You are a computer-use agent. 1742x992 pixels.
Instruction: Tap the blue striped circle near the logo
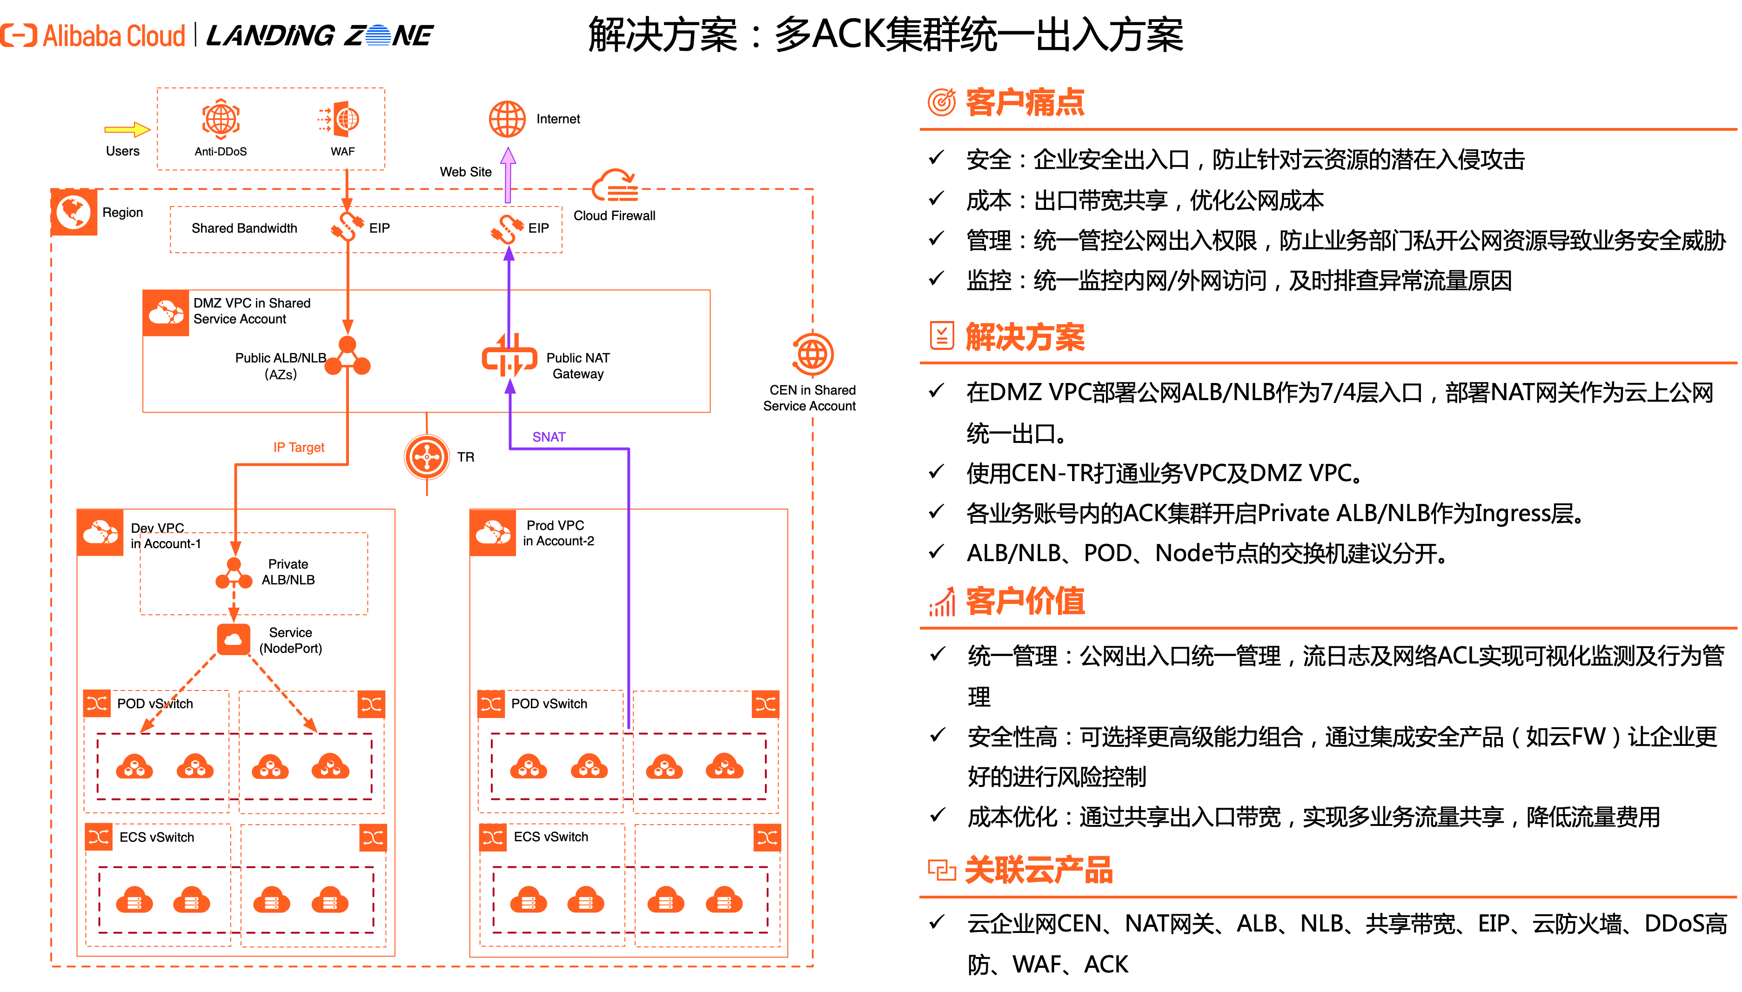(x=378, y=35)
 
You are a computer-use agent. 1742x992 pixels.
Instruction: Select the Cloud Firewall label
(x=615, y=216)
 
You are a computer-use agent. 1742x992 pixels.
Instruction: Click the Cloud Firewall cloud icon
(x=615, y=182)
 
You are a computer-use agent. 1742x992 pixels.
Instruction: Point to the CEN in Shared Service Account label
(x=812, y=398)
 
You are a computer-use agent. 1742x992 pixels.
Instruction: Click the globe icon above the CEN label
(x=813, y=354)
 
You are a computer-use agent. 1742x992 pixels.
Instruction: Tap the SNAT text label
(x=549, y=437)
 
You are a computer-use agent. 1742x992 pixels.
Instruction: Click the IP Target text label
(x=299, y=448)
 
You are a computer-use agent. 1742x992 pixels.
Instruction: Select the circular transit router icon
(x=427, y=457)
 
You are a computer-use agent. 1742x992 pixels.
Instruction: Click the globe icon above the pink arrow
(x=508, y=119)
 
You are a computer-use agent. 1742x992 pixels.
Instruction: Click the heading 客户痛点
(x=1025, y=102)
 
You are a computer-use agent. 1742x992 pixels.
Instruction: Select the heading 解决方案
(x=1025, y=337)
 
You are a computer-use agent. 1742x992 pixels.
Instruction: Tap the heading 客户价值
(x=1025, y=601)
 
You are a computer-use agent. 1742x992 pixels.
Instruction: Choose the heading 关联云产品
(x=1038, y=870)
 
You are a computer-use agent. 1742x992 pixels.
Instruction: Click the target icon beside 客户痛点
(x=942, y=102)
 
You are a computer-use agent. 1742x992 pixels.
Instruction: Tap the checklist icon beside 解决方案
(x=942, y=336)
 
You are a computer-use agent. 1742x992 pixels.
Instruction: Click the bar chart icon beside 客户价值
(x=942, y=602)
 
